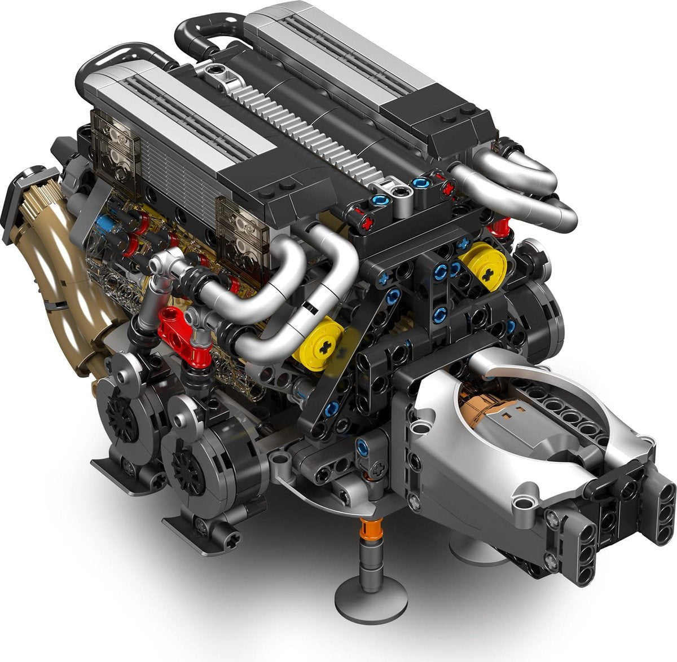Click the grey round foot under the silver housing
point(474,549)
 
